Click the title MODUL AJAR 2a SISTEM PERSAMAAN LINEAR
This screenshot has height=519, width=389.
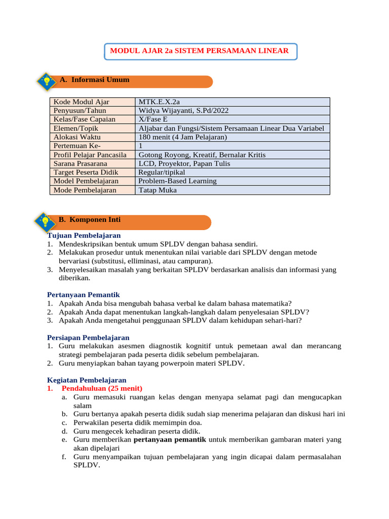pyautogui.click(x=200, y=51)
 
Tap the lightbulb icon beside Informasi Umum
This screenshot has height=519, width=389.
pyautogui.click(x=47, y=81)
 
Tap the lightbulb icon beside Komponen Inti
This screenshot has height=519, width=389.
pyautogui.click(x=45, y=221)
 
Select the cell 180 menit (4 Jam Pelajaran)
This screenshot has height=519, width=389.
pyautogui.click(x=182, y=137)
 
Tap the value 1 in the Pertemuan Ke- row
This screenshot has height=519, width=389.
pyautogui.click(x=141, y=146)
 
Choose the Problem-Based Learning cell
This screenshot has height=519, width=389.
pyautogui.click(x=177, y=181)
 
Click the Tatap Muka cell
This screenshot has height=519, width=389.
pyautogui.click(x=158, y=190)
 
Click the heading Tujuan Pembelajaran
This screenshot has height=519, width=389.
pyautogui.click(x=84, y=236)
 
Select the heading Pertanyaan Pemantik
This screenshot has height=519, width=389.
pyautogui.click(x=83, y=294)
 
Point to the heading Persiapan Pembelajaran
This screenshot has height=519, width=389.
pyautogui.click(x=88, y=338)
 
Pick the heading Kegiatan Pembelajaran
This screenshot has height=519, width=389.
pyautogui.click(x=87, y=380)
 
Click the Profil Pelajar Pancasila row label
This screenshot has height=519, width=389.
pyautogui.click(x=90, y=155)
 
